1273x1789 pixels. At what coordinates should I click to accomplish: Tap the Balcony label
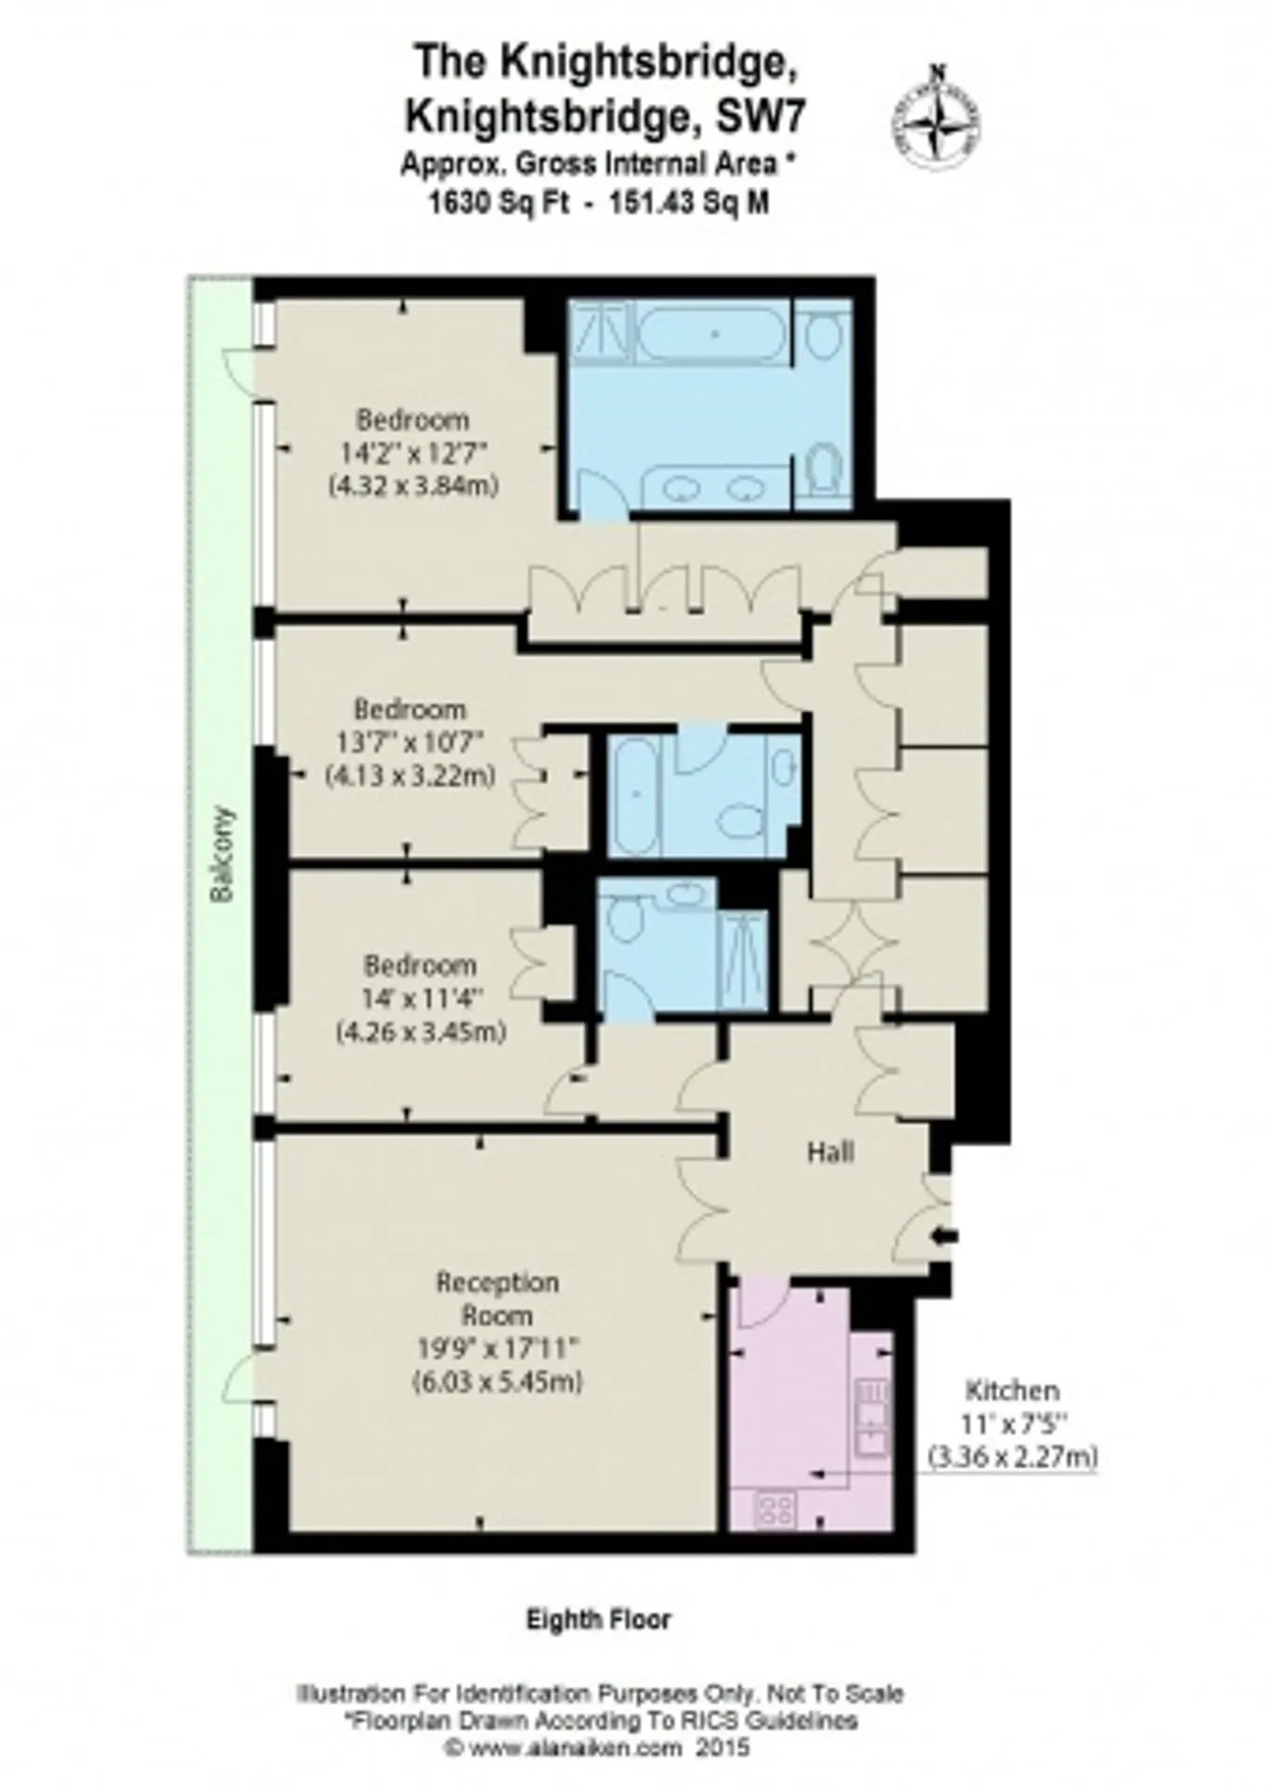point(221,854)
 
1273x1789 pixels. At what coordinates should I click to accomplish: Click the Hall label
point(830,1152)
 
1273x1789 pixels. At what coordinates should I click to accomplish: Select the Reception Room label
point(498,1299)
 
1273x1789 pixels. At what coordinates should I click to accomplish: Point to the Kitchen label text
point(1012,1390)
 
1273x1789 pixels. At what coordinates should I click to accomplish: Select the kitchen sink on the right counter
point(873,1417)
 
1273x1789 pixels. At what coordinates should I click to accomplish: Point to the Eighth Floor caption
point(598,1618)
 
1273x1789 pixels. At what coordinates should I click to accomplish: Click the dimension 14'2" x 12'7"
point(413,452)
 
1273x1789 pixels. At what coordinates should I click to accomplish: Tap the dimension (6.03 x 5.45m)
point(498,1381)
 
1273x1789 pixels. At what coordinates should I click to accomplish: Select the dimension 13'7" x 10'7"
point(410,742)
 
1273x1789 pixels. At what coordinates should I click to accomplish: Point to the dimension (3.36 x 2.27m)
point(1012,1455)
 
